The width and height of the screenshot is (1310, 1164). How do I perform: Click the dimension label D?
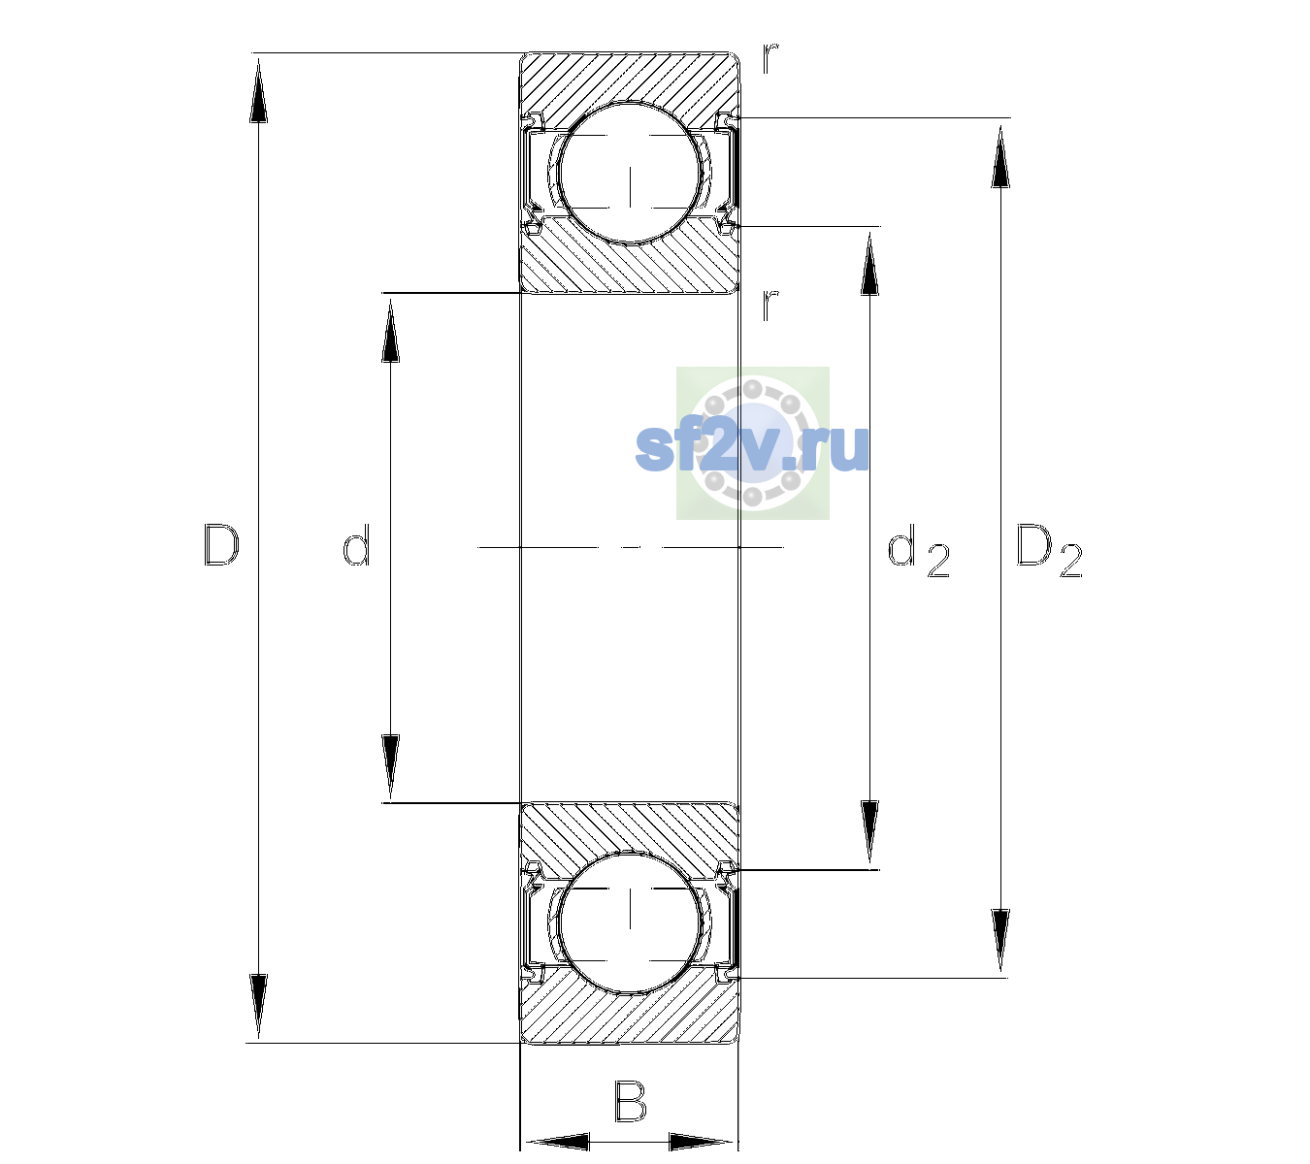(x=221, y=546)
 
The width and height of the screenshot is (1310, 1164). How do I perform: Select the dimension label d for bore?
(x=356, y=545)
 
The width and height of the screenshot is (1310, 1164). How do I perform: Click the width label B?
(x=630, y=1101)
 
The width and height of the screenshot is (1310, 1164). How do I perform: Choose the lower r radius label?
(x=770, y=305)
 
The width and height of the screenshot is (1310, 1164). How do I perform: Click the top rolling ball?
(x=630, y=174)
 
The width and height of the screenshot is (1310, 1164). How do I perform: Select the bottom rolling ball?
(x=630, y=921)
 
